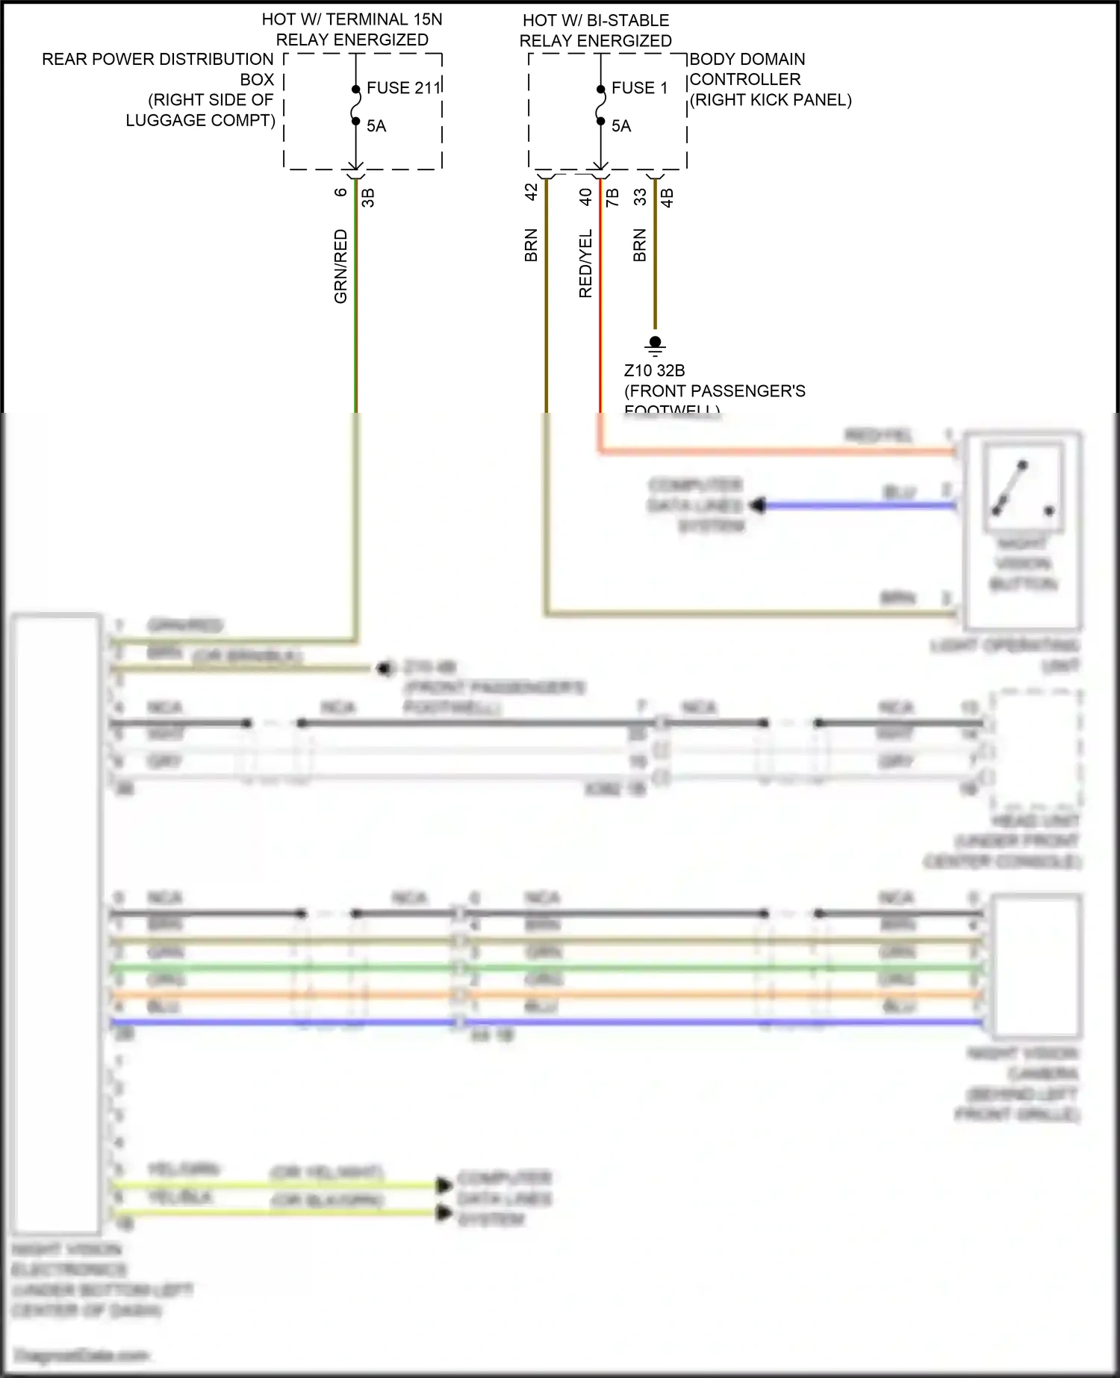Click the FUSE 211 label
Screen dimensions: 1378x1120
pos(403,88)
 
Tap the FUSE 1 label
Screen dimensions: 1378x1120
pos(638,88)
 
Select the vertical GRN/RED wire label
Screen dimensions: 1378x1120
pos(340,266)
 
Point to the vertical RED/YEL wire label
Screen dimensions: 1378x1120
pos(585,263)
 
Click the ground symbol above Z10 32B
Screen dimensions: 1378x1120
pos(655,345)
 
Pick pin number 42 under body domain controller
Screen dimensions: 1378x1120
pos(532,192)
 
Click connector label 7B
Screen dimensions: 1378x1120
pos(612,197)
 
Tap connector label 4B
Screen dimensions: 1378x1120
pos(667,197)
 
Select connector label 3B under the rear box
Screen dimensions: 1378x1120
pos(367,197)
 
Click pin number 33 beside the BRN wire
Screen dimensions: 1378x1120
pos(640,196)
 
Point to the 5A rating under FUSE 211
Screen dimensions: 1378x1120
pos(376,126)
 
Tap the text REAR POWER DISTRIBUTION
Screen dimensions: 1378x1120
pos(158,59)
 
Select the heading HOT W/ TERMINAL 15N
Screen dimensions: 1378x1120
pos(352,19)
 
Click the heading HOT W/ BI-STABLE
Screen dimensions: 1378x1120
pos(595,20)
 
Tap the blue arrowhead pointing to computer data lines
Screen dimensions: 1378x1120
pos(758,506)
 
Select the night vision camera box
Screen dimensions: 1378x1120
pos(1035,966)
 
